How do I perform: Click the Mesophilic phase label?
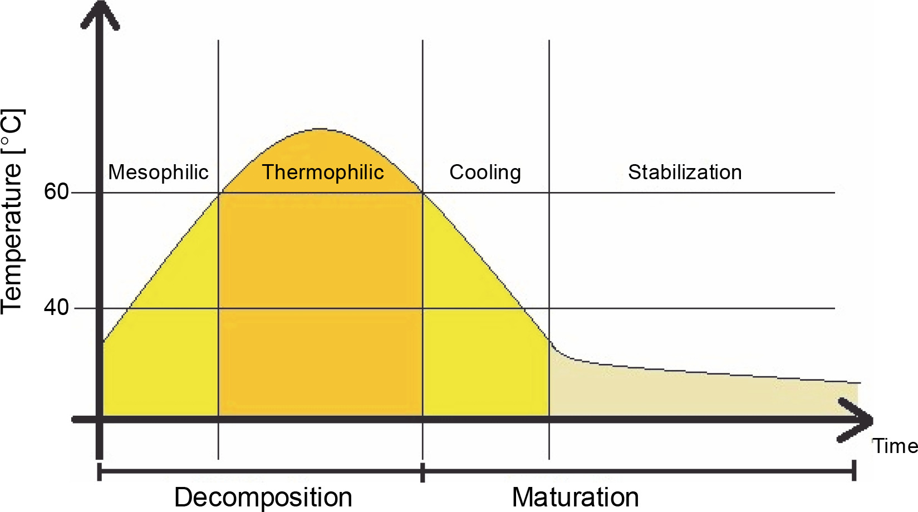[x=158, y=173]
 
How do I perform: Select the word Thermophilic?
[x=323, y=173]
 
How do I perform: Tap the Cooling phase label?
[x=485, y=173]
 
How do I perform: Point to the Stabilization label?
[x=685, y=173]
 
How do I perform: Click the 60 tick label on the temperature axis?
[x=56, y=192]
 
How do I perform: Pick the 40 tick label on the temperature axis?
[x=56, y=307]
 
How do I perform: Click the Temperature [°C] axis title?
[x=12, y=211]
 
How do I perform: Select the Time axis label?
[x=895, y=446]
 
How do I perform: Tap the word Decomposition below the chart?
[x=263, y=497]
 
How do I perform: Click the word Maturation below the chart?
[x=575, y=497]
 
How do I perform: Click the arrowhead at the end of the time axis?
[x=857, y=420]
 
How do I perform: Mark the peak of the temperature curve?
[x=320, y=129]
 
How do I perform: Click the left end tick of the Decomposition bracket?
[x=100, y=471]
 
